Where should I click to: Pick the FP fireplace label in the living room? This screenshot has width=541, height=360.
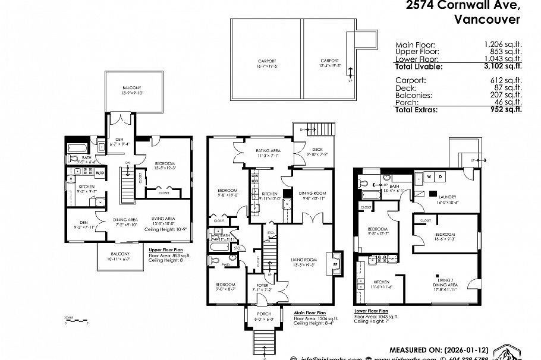(335, 260)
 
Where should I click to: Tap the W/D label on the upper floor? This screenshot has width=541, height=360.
(99, 174)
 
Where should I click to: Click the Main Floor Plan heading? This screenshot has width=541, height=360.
(310, 312)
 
